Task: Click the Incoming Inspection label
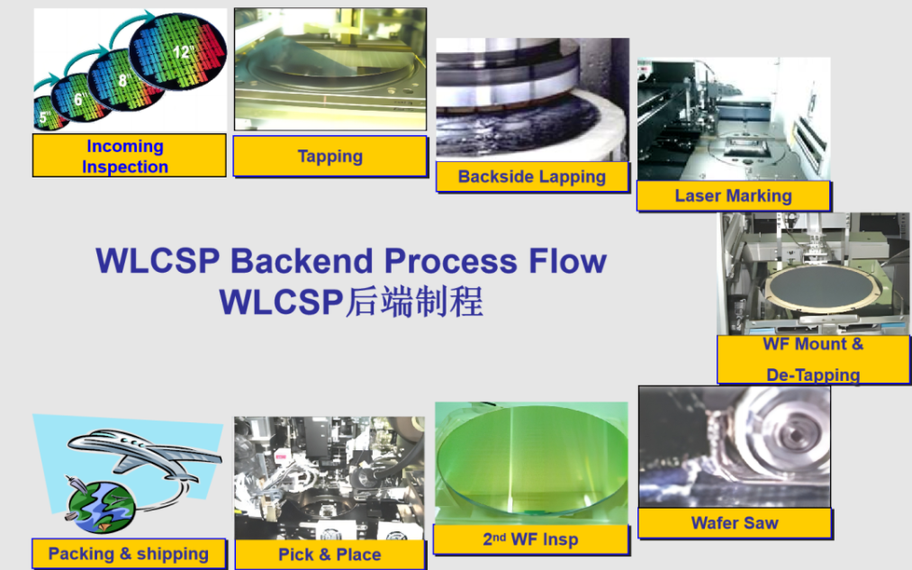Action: coord(129,155)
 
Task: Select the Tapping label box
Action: coord(330,156)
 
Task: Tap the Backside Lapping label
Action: coord(532,176)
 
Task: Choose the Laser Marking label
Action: coord(734,195)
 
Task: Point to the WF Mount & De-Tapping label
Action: coord(813,359)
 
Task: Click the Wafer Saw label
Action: coord(735,523)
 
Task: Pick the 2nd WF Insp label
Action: coord(531,539)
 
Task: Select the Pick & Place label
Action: coord(330,555)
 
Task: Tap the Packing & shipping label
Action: coord(129,554)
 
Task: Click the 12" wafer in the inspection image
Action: coord(178,51)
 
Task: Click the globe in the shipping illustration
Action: coord(101,505)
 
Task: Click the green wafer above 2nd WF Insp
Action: coord(531,460)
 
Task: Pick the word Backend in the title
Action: coord(302,260)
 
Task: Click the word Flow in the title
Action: coord(568,260)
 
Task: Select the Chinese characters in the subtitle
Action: coord(413,302)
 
